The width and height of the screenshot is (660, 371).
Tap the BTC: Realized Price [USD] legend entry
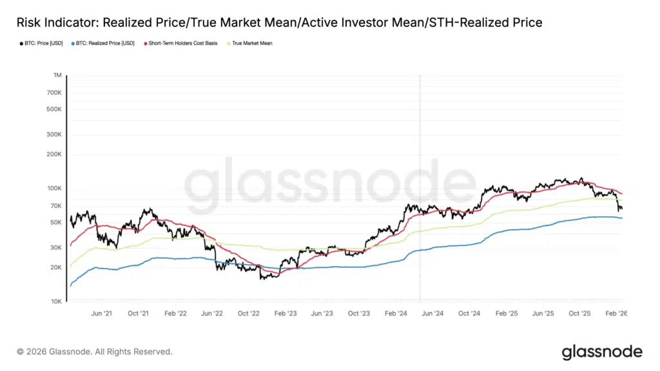pyautogui.click(x=103, y=43)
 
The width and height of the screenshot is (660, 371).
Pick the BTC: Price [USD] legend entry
pyautogui.click(x=38, y=43)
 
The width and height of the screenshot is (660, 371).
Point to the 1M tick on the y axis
pyautogui.click(x=57, y=76)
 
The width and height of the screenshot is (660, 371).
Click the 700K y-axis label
pyautogui.click(x=53, y=93)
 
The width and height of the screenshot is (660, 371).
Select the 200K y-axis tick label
pyautogui.click(x=53, y=155)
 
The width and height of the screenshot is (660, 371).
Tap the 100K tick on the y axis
pyautogui.click(x=53, y=188)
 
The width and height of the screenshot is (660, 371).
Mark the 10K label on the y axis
pyautogui.click(x=55, y=301)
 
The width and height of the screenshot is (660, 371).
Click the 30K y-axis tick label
pyautogui.click(x=55, y=247)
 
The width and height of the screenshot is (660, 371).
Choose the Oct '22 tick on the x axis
pyautogui.click(x=248, y=313)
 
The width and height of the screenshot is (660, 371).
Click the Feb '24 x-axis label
pyautogui.click(x=396, y=313)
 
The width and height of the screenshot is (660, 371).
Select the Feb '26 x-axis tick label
pyautogui.click(x=617, y=313)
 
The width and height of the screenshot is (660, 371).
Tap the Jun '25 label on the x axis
pyautogui.click(x=543, y=313)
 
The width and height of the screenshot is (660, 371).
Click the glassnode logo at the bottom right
pyautogui.click(x=601, y=352)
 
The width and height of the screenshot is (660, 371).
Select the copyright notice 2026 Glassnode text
pyautogui.click(x=95, y=352)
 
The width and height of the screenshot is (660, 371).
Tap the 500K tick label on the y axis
pyautogui.click(x=53, y=109)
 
